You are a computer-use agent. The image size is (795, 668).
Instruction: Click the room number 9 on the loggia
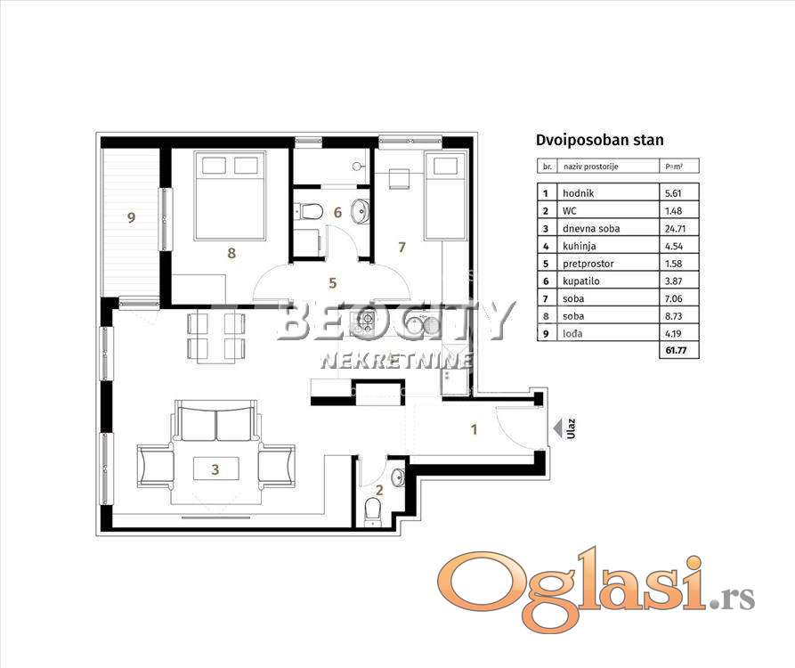(132, 217)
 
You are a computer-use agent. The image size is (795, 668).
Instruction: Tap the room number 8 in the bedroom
(231, 253)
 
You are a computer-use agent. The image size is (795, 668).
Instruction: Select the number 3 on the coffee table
(215, 469)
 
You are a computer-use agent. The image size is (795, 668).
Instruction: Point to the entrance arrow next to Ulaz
(557, 428)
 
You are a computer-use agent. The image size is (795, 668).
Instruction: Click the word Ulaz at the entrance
(572, 428)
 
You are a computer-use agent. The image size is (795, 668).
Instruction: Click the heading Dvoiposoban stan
(600, 140)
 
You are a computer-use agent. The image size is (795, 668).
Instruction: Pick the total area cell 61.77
(676, 350)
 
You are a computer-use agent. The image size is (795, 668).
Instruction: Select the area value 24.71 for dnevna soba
(675, 228)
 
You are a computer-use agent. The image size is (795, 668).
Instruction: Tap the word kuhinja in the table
(579, 246)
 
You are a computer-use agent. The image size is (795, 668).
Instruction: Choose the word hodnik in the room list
(578, 193)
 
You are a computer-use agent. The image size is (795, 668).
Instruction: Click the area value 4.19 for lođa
(673, 333)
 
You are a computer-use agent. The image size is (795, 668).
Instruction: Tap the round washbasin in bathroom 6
(361, 210)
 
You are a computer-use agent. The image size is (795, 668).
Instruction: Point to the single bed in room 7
(445, 196)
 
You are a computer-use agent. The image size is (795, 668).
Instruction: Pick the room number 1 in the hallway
(474, 429)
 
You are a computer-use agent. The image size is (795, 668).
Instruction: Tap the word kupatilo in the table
(581, 281)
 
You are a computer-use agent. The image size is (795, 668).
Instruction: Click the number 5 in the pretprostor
(333, 283)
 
